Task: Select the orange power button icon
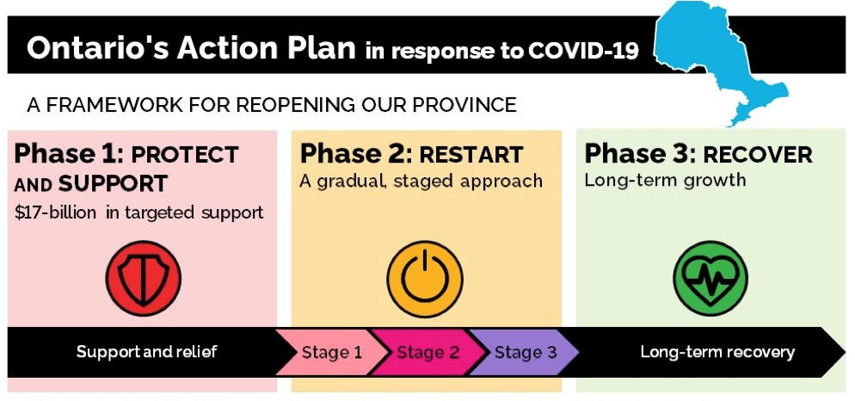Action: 425,277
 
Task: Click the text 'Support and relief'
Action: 146,352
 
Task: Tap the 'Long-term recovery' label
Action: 717,352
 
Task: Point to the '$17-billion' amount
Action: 56,213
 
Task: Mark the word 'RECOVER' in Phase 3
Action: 757,156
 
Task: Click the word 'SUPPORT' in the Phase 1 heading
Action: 113,184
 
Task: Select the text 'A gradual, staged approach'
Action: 421,182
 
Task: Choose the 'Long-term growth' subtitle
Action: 665,181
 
